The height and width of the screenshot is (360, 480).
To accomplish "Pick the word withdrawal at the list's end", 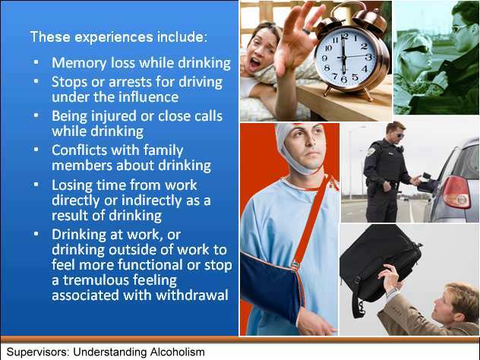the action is pos(192,295).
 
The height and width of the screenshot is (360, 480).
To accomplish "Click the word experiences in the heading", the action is pos(114,37).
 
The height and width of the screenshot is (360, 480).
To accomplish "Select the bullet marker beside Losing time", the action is pos(36,185).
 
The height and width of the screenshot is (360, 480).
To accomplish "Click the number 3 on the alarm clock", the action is pos(368,57).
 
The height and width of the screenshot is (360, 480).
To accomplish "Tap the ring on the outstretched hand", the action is pos(306,31).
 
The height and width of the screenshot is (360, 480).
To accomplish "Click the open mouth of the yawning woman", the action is pos(254,64).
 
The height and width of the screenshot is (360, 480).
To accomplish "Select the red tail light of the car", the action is pos(456,193).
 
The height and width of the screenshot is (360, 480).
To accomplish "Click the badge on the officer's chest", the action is pos(371,152).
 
